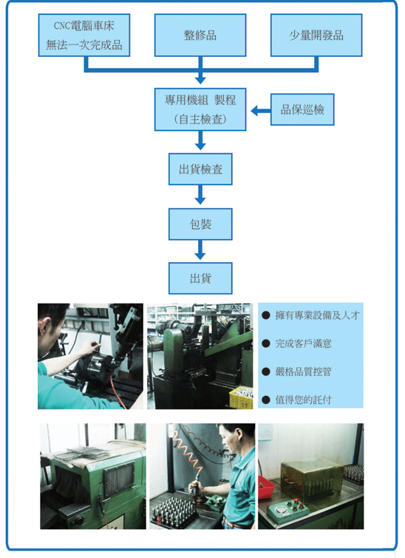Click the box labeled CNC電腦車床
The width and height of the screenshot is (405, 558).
coord(84,36)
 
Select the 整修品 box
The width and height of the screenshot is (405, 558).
coord(200,36)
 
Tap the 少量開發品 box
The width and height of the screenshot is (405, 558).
coord(316,36)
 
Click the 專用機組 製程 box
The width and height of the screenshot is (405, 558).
coord(200,110)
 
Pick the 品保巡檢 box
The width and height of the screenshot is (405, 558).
coord(302,110)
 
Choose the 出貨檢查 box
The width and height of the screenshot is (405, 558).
coord(200,169)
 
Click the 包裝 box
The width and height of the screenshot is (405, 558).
coord(200,224)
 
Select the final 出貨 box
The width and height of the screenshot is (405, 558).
coord(200,278)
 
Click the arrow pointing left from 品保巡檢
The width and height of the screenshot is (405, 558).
coord(260,111)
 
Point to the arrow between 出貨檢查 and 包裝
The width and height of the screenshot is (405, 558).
coord(200,195)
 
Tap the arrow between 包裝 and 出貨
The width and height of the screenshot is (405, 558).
coord(200,249)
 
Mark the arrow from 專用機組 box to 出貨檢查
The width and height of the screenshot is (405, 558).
coord(200,140)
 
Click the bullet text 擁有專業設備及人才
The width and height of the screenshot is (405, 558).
coord(317,315)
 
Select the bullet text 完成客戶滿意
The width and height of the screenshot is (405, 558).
coord(303,343)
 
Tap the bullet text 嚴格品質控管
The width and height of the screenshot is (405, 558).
coord(303,372)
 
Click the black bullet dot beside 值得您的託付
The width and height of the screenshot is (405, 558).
coord(266,400)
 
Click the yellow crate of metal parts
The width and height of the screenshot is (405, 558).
coord(241,397)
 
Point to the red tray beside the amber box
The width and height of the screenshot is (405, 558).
coord(266,487)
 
